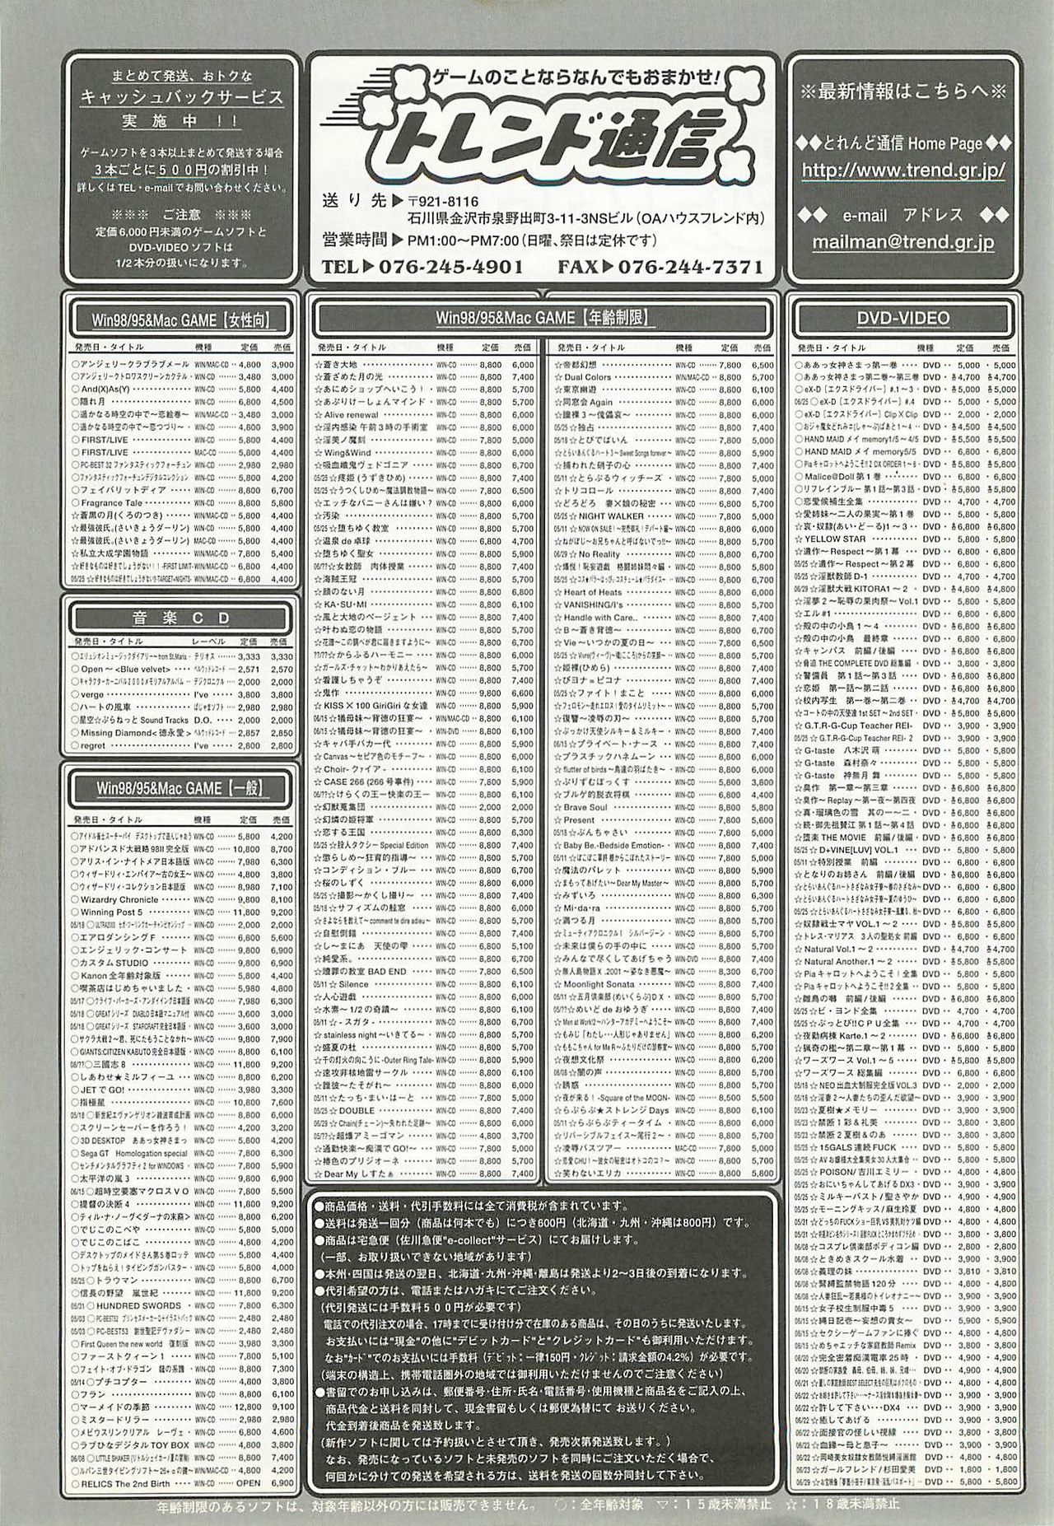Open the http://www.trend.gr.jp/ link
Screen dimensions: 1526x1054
(902, 171)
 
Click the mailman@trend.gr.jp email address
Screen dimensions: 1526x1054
(902, 242)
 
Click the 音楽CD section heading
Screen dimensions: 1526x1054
(180, 617)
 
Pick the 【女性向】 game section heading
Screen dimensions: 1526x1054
(180, 318)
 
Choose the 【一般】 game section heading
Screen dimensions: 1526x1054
(180, 788)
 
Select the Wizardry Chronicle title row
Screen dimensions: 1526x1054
(119, 900)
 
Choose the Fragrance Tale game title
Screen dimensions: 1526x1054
(112, 502)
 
